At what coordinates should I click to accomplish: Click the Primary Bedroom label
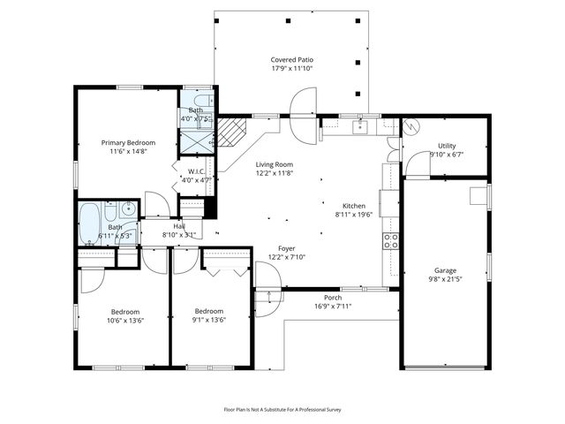click(128, 143)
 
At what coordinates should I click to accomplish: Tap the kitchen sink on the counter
click(360, 127)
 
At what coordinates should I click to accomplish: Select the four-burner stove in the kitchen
click(389, 239)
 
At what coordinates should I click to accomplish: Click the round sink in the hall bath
click(126, 209)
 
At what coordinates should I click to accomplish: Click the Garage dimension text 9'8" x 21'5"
click(445, 280)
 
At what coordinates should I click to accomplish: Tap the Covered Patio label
click(291, 60)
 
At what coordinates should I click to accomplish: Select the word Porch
click(333, 298)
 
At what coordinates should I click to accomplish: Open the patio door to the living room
click(303, 130)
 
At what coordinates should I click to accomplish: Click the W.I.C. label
click(196, 171)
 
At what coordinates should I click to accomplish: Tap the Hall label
click(179, 226)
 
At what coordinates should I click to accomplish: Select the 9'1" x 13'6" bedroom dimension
click(209, 321)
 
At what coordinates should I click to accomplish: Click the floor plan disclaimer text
click(282, 409)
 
